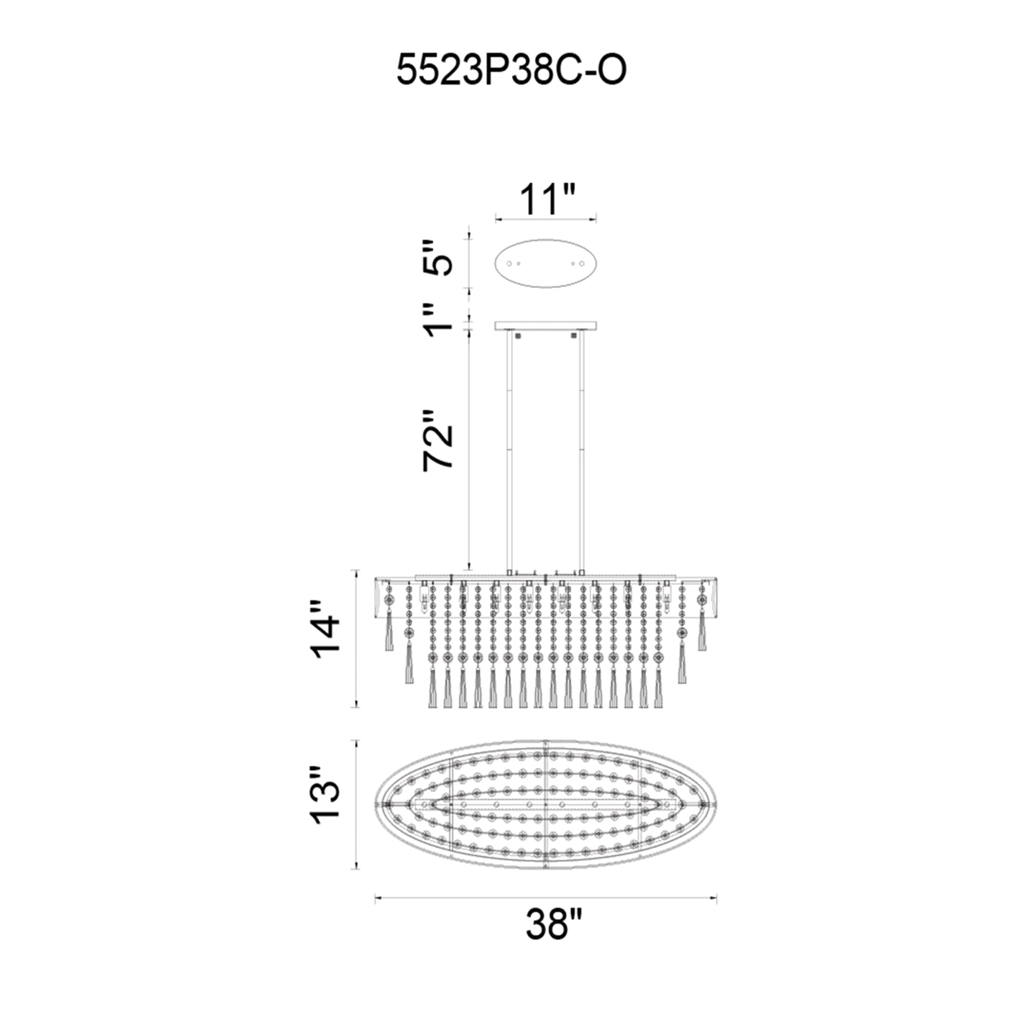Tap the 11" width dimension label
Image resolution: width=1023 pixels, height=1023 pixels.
click(x=546, y=199)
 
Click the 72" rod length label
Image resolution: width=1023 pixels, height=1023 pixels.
click(x=438, y=440)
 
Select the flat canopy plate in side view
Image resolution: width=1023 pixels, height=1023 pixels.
click(x=545, y=325)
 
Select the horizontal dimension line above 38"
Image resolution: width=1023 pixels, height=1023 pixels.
click(x=545, y=897)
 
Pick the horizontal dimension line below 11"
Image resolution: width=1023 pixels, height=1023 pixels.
click(x=545, y=217)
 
